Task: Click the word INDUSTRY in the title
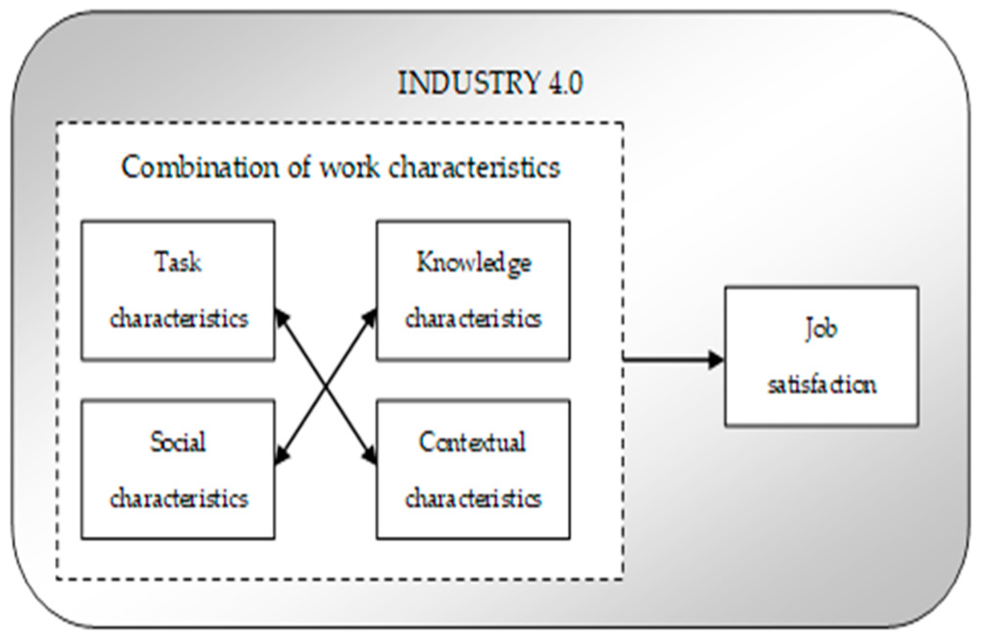coord(468,83)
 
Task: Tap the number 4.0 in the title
coord(564,83)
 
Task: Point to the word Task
coord(178,262)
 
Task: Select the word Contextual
coord(472,442)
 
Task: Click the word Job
coord(821,329)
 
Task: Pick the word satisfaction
coord(822,385)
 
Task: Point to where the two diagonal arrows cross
coord(326,386)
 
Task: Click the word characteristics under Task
coord(179,319)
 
